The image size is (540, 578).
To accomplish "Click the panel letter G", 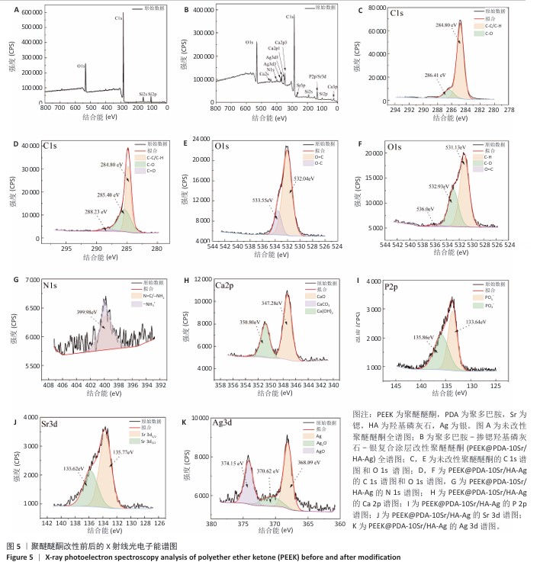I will point(7,279).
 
